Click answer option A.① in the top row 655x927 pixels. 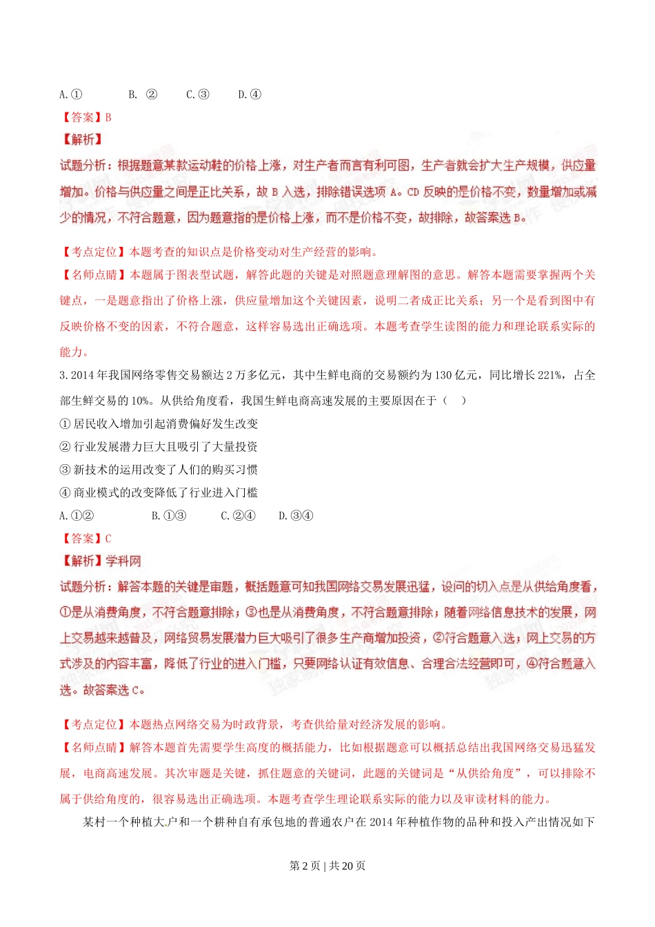click(x=71, y=94)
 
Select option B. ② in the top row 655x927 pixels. click(x=143, y=94)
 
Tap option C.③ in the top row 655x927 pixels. click(x=197, y=94)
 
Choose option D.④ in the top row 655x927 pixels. click(x=250, y=94)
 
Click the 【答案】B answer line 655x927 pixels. click(x=86, y=117)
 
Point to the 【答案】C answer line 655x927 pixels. click(x=86, y=538)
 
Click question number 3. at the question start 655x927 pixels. click(x=63, y=375)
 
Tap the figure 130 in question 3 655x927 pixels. click(x=443, y=375)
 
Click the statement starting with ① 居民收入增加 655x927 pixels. click(x=159, y=423)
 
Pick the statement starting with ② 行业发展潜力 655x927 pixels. click(x=159, y=446)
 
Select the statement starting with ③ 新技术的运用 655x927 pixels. click(x=159, y=470)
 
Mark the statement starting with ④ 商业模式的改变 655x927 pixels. click(x=159, y=492)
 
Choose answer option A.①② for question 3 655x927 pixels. click(x=77, y=515)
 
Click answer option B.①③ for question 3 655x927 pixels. click(x=169, y=515)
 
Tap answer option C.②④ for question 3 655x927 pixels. click(x=238, y=515)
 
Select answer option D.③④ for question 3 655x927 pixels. click(x=296, y=515)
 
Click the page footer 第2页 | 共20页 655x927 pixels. click(x=327, y=866)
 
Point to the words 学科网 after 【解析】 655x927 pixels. click(x=123, y=561)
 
